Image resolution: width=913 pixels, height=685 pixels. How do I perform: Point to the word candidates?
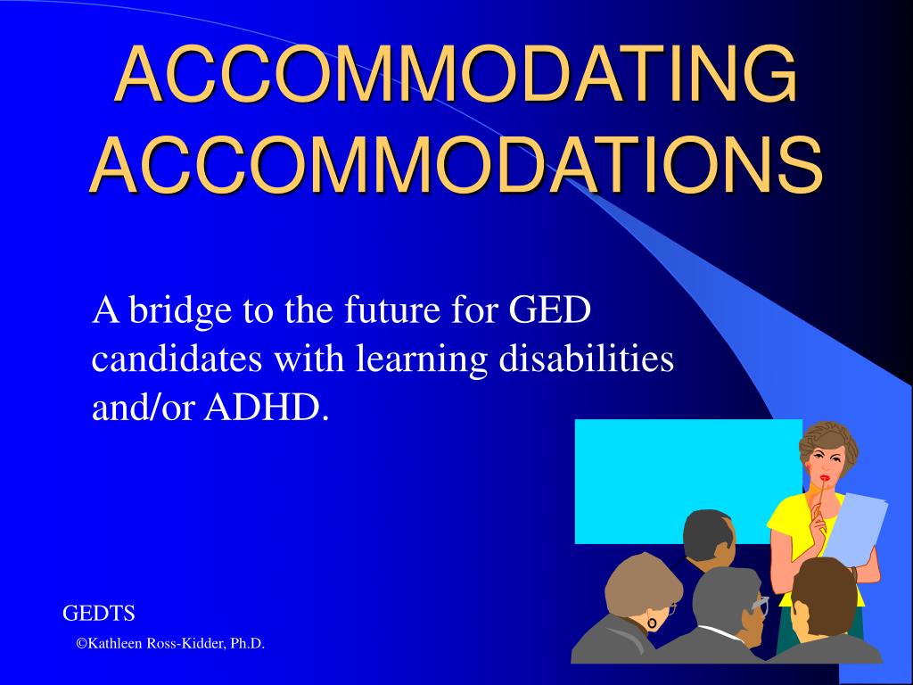click(x=177, y=359)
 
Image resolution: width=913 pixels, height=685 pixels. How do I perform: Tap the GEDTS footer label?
click(x=98, y=614)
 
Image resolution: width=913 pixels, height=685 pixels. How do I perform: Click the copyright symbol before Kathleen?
click(x=80, y=644)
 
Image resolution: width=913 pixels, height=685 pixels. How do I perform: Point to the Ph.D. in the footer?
click(x=248, y=644)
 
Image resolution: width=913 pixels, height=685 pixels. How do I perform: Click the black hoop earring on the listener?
click(x=652, y=623)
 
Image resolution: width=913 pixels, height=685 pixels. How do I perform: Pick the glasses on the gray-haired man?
click(x=759, y=606)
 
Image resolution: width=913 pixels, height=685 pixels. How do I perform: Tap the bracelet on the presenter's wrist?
click(x=852, y=570)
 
